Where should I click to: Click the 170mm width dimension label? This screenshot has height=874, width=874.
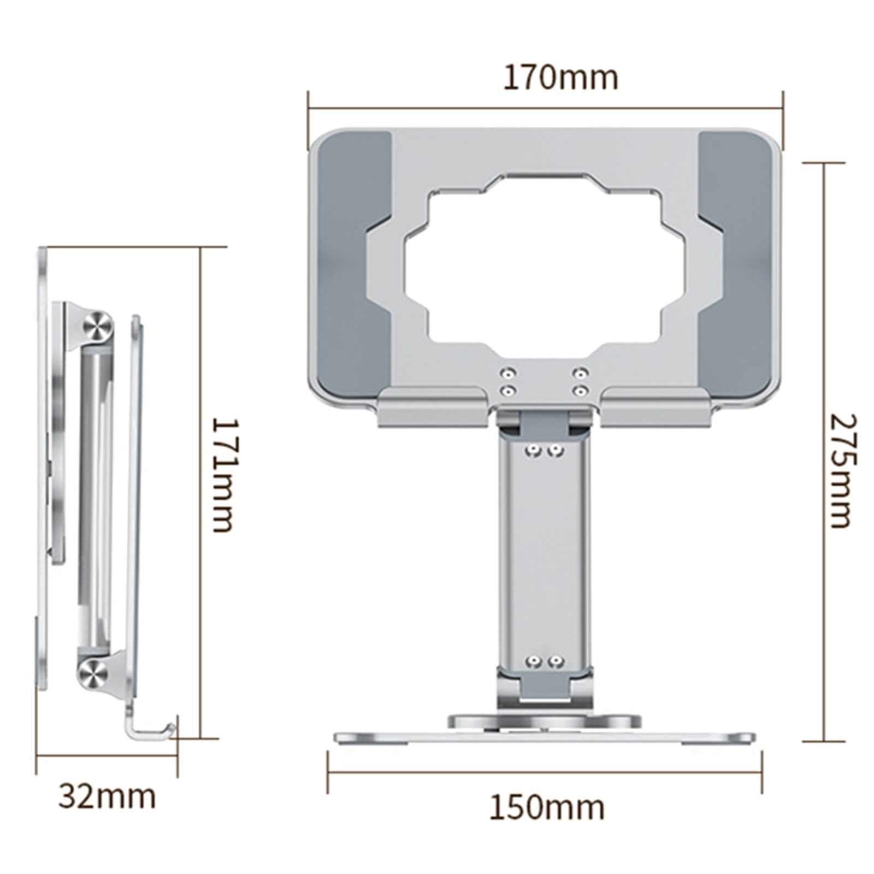560,78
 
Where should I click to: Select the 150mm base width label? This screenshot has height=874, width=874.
547,807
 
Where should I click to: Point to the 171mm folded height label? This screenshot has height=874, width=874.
223,475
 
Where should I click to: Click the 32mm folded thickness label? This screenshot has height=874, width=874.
107,796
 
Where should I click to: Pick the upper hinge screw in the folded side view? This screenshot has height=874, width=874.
98,326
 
